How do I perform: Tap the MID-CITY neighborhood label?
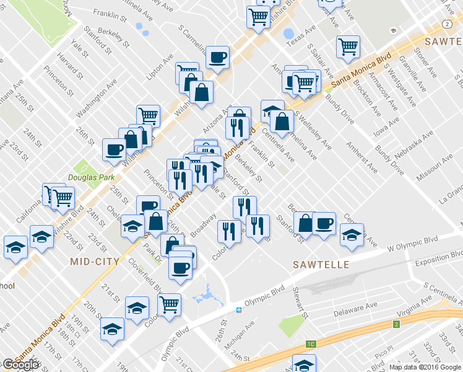tap(94, 262)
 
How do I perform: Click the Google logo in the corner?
tap(20, 365)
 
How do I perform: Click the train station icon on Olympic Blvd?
tap(238, 309)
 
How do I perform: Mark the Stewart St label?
tap(300, 304)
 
